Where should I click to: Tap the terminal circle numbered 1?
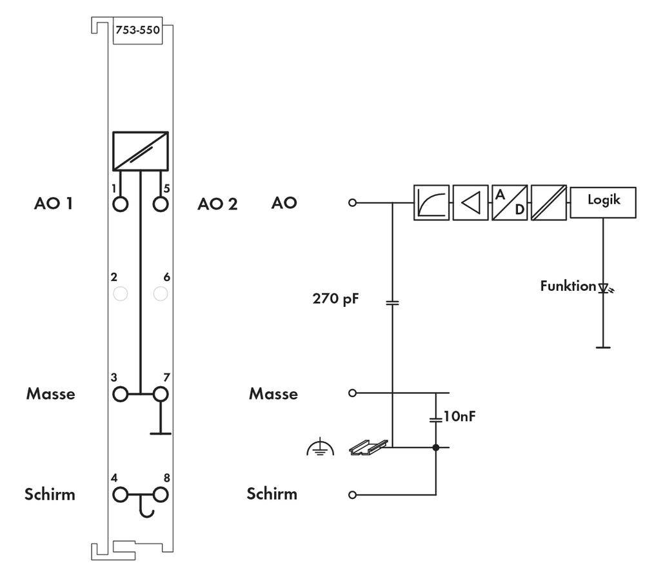(121, 204)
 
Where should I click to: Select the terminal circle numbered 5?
(161, 204)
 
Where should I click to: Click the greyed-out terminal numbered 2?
(121, 294)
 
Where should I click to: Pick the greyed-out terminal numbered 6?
(161, 294)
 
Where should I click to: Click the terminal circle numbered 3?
(121, 393)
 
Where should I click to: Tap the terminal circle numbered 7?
(161, 393)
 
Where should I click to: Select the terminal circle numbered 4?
(121, 494)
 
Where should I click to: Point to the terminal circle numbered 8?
(161, 494)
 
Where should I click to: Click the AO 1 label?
(54, 204)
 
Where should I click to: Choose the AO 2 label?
(217, 204)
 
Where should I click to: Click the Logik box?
(603, 201)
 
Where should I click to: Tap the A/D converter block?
(510, 202)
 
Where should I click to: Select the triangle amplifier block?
(470, 202)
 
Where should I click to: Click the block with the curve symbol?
(431, 202)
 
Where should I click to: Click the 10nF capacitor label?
(460, 417)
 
